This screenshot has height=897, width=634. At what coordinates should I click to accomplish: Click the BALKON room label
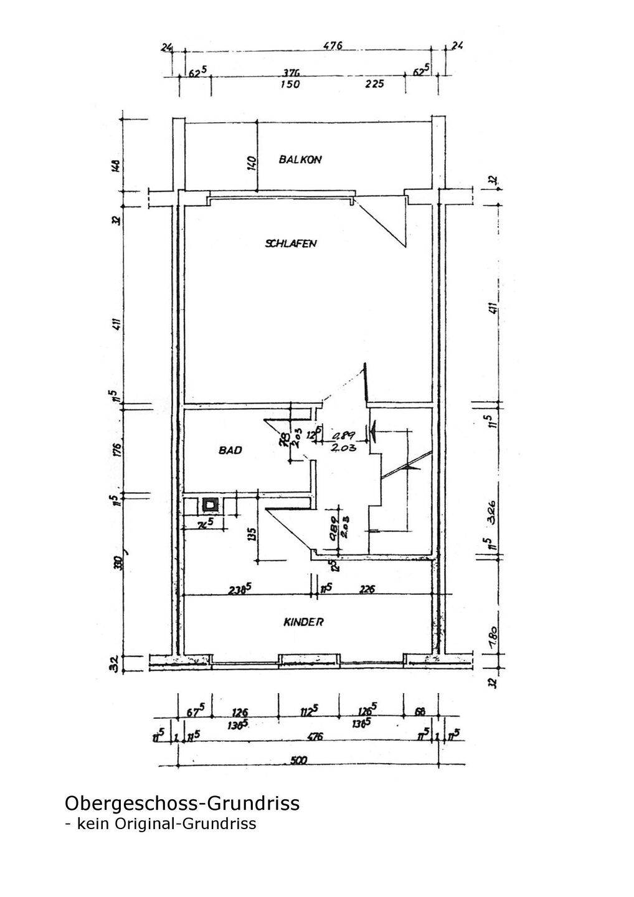[300, 159]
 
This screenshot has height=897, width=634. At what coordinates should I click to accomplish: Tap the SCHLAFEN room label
[291, 243]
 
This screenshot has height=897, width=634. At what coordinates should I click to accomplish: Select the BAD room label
[230, 450]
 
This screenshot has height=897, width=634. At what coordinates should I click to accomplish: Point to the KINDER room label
[303, 622]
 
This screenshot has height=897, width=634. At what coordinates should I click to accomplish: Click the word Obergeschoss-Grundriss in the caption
[182, 803]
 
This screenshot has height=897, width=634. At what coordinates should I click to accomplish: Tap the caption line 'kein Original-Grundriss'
[166, 823]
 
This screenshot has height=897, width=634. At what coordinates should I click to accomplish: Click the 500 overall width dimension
[300, 760]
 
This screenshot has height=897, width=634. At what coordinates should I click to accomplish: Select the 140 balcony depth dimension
[252, 163]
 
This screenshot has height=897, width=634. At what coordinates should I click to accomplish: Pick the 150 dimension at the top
[289, 85]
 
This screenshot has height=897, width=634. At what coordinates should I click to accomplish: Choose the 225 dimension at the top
[374, 84]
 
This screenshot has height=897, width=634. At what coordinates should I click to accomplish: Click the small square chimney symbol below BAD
[211, 503]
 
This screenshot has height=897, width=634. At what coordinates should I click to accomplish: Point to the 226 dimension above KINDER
[367, 588]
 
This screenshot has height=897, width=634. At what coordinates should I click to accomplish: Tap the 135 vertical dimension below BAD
[252, 535]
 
